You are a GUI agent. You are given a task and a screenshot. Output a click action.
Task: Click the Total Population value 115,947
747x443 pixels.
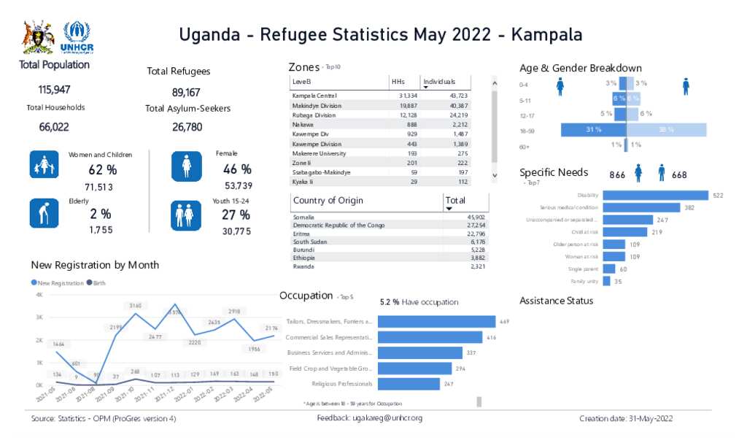[x=54, y=90]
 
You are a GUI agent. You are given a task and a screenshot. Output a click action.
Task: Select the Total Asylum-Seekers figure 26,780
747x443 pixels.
[x=187, y=127]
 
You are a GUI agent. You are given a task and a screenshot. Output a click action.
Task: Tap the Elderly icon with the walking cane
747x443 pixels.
[x=44, y=213]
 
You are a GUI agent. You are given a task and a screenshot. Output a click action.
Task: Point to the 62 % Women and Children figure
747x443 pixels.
[x=102, y=170]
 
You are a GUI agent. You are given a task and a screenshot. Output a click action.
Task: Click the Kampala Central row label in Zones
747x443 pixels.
[x=314, y=96]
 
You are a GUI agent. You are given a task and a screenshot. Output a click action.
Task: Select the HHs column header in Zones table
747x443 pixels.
[x=398, y=82]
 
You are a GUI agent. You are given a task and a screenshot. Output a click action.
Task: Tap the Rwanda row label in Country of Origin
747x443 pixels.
[x=304, y=267]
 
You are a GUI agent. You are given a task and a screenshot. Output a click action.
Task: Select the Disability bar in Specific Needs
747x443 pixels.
[x=655, y=195]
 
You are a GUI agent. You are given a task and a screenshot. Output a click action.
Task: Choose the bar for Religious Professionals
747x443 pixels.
[x=408, y=384]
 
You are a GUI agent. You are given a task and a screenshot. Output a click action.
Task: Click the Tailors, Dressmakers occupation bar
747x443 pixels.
[x=436, y=321]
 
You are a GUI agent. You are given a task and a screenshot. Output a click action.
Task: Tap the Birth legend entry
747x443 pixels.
[x=96, y=282]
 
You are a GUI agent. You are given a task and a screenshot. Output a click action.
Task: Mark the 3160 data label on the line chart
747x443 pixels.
[x=136, y=305]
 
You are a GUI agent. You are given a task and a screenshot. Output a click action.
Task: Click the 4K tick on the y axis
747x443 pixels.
[x=39, y=295]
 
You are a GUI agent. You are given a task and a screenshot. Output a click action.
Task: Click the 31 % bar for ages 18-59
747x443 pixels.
[x=593, y=130]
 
